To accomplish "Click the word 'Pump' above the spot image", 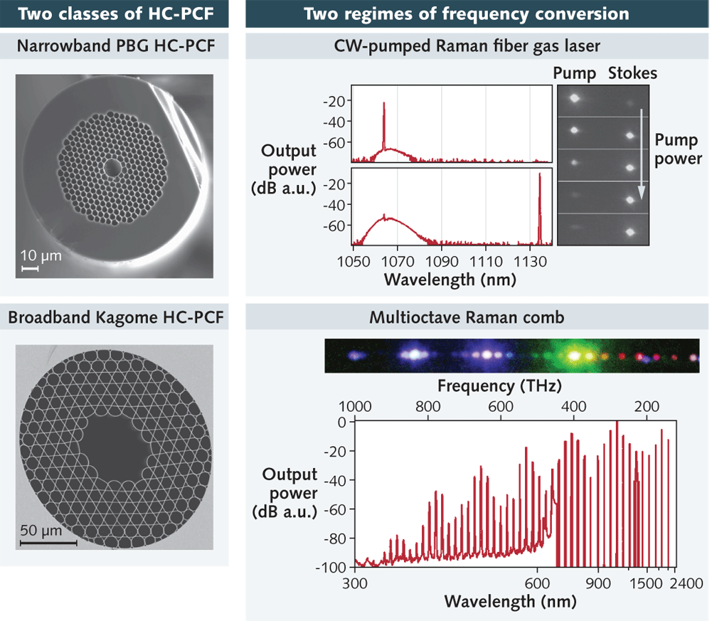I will coord(573,73).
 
